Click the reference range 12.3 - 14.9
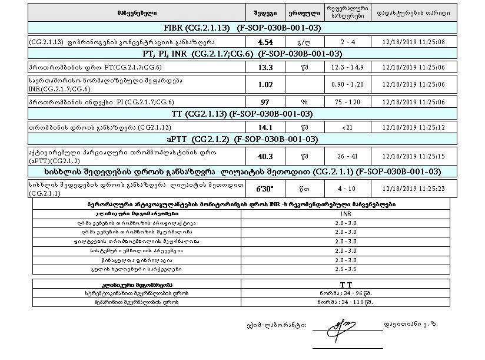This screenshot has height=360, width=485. click(347, 67)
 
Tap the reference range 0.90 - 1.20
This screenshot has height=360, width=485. click(347, 84)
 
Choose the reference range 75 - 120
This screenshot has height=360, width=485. click(347, 101)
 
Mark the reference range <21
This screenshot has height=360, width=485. click(347, 127)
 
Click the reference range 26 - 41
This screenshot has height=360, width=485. click(347, 156)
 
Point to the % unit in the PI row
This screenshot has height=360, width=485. click(304, 101)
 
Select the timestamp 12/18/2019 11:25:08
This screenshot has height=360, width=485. click(412, 42)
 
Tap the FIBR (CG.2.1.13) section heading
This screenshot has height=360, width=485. click(242, 28)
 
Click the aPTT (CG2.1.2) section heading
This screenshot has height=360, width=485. click(242, 140)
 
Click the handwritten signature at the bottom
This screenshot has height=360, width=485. click(340, 323)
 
